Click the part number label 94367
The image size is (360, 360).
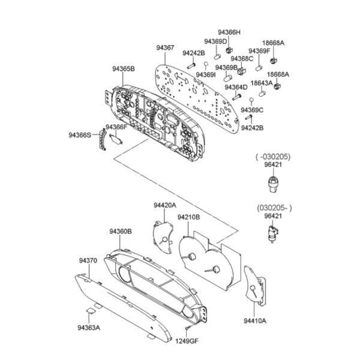(166, 47)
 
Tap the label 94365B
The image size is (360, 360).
(122, 70)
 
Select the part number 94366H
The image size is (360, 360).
(229, 32)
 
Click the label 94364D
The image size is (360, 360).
(236, 87)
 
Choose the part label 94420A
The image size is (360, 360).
(165, 205)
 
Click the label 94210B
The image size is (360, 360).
(189, 217)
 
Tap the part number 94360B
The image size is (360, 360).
(121, 231)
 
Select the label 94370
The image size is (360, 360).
(88, 261)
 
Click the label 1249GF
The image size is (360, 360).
(187, 341)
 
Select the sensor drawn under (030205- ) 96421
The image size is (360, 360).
(274, 235)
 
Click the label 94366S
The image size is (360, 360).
(80, 135)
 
